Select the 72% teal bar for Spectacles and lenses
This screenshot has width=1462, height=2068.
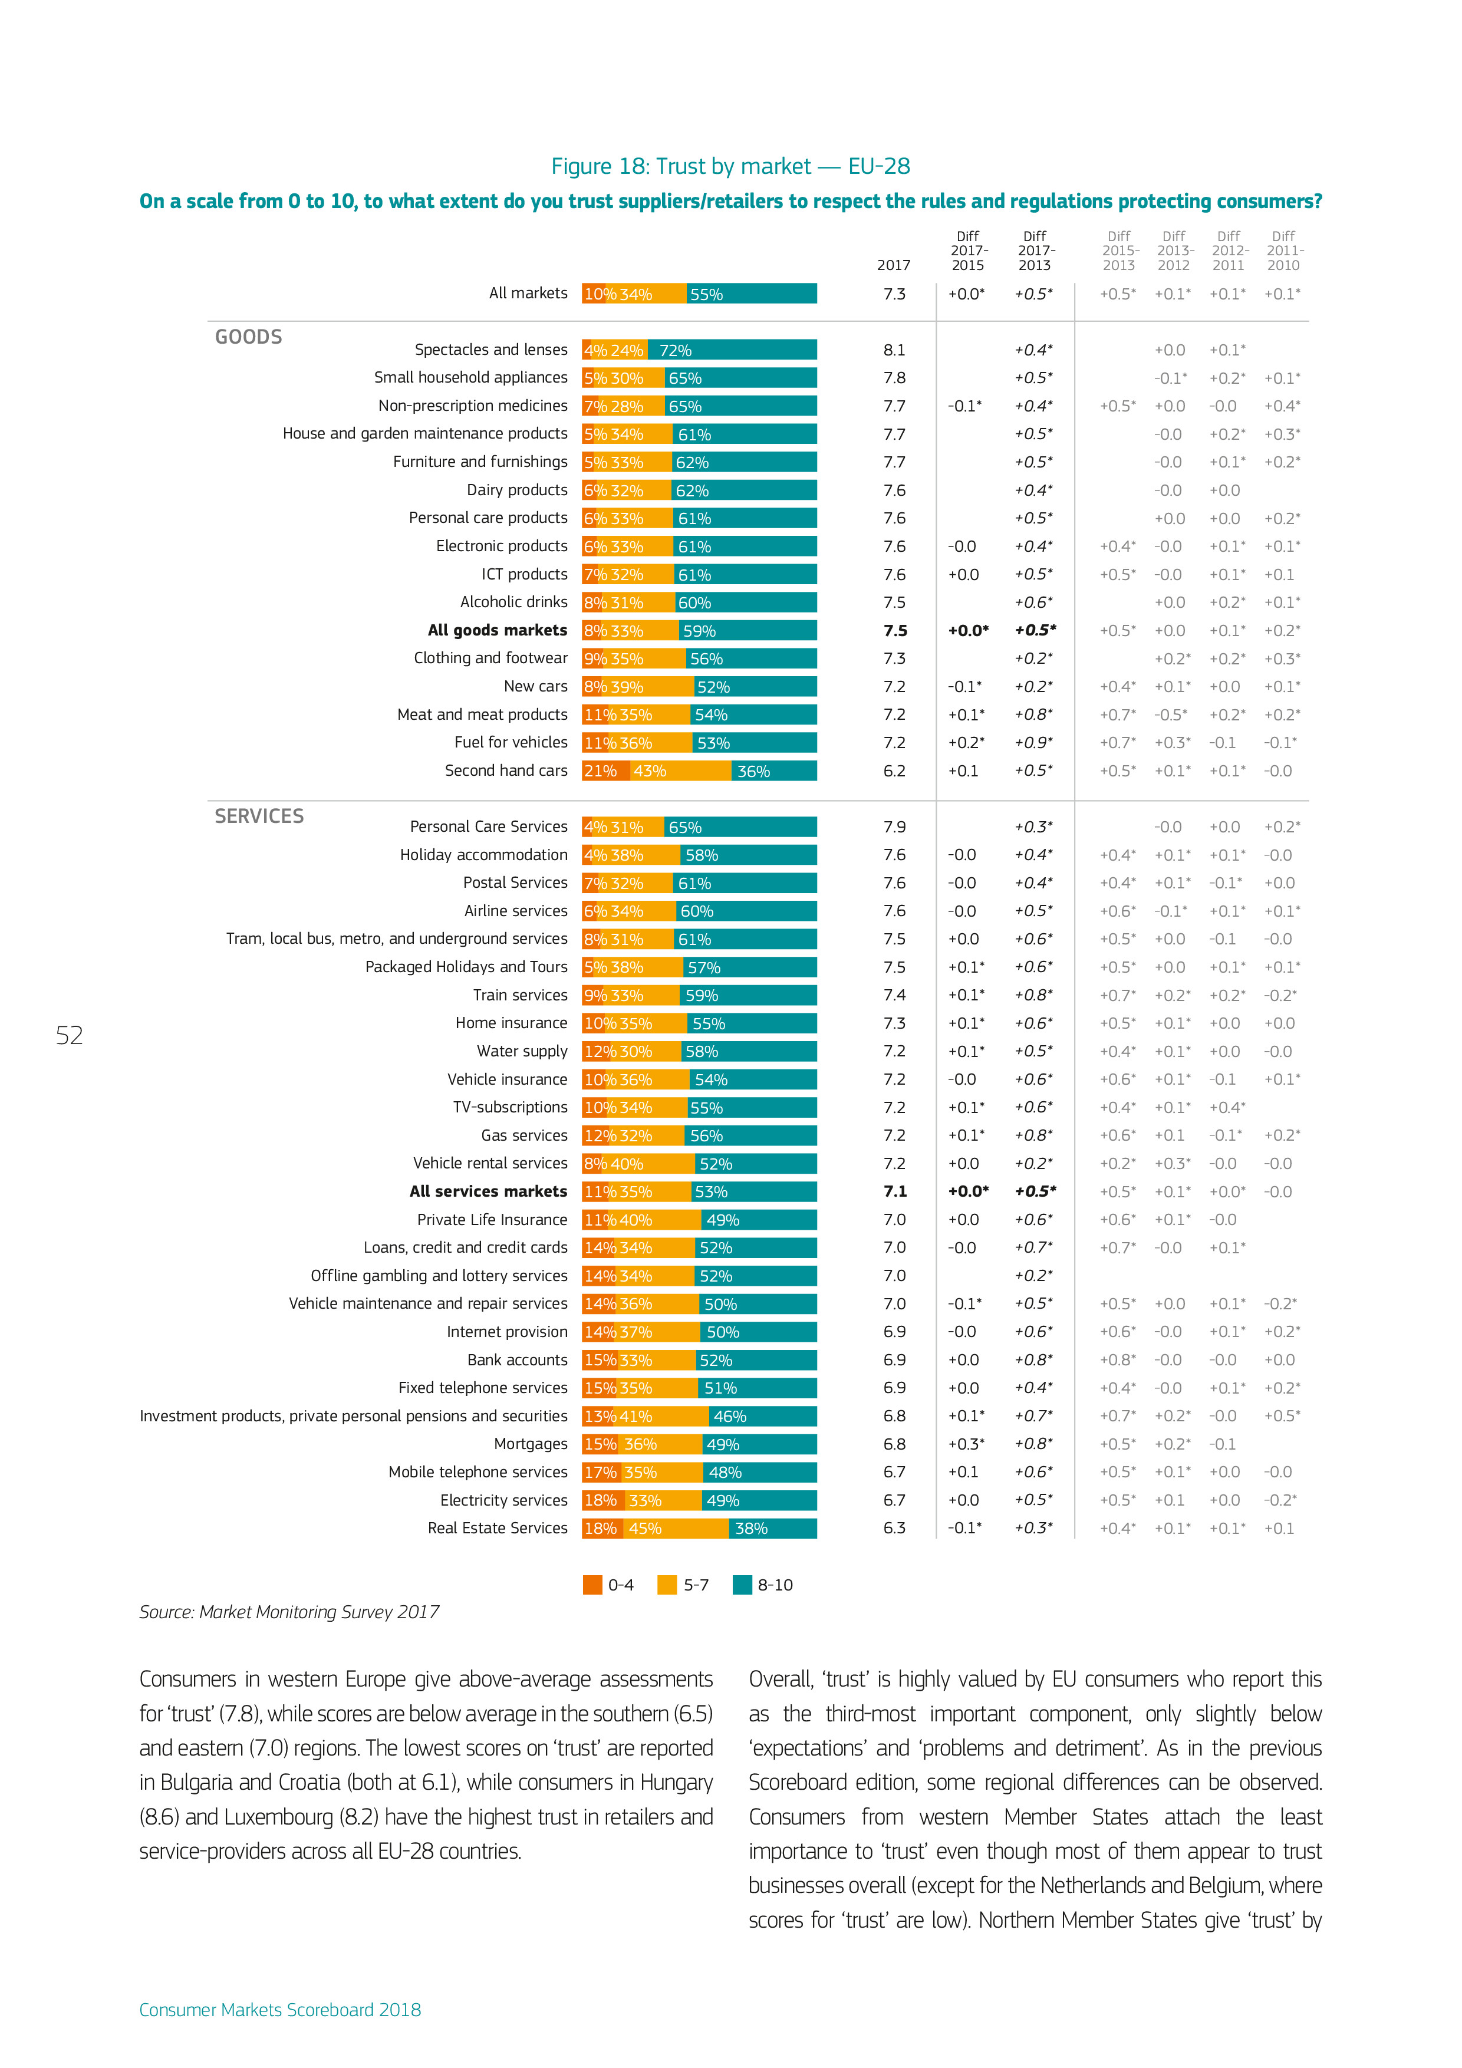pyautogui.click(x=735, y=350)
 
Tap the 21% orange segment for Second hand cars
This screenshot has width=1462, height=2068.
pyautogui.click(x=604, y=771)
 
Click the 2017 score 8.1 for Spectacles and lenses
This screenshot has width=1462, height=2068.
pyautogui.click(x=894, y=350)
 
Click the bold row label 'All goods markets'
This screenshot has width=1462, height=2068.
pyautogui.click(x=497, y=631)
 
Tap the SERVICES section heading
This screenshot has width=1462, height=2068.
pyautogui.click(x=259, y=816)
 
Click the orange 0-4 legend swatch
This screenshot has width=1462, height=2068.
pyautogui.click(x=592, y=1585)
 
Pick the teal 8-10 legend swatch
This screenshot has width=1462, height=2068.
pyautogui.click(x=742, y=1585)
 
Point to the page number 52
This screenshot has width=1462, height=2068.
pyautogui.click(x=70, y=1036)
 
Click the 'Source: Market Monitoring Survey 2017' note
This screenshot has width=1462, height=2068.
pyautogui.click(x=289, y=1612)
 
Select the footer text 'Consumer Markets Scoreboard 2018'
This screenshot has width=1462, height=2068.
pyautogui.click(x=280, y=2010)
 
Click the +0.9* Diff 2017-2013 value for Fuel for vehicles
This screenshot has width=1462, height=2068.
pyautogui.click(x=1033, y=743)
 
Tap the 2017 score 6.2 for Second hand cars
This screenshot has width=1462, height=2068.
pyautogui.click(x=894, y=771)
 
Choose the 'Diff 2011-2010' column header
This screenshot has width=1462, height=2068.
pyautogui.click(x=1283, y=251)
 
